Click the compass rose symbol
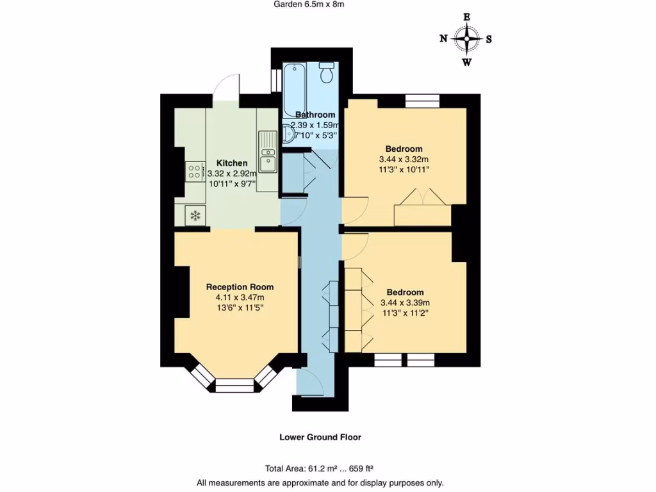coord(467,39)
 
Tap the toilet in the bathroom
coord(327,72)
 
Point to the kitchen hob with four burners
coord(194,170)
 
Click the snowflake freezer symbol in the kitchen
coord(195,215)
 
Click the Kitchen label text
coord(231,163)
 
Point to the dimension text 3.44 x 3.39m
coord(405,303)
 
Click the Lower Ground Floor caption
coord(320,438)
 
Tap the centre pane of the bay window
coord(234,384)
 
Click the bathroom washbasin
coord(288,136)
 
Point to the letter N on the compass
coord(443,38)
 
